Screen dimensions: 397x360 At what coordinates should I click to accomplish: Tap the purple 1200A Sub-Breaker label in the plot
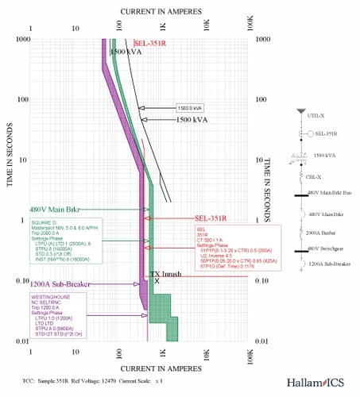click(x=52, y=283)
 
